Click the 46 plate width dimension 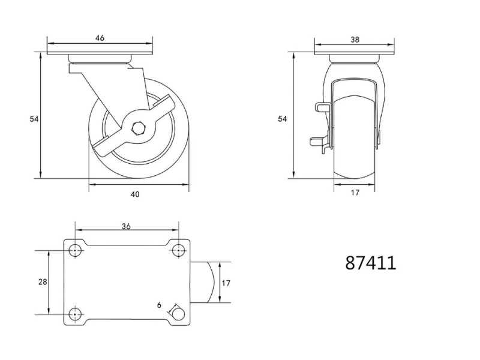pyautogui.click(x=100, y=38)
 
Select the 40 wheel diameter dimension pyautogui.click(x=135, y=194)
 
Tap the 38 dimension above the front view pyautogui.click(x=355, y=40)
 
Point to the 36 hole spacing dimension pyautogui.click(x=126, y=226)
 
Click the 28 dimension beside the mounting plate pyautogui.click(x=43, y=281)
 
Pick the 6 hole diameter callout pyautogui.click(x=159, y=305)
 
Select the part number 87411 pyautogui.click(x=371, y=263)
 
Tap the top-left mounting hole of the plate pyautogui.click(x=75, y=251)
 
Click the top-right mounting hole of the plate pyautogui.click(x=178, y=251)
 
